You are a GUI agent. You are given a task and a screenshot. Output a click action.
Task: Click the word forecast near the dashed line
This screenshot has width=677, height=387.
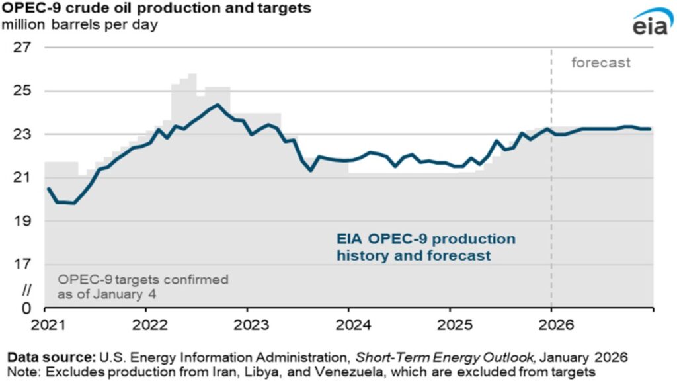tap(601, 64)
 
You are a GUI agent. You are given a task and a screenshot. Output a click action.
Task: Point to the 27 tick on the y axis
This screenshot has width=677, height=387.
tap(22, 48)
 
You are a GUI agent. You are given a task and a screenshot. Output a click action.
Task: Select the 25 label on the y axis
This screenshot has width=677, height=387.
tap(22, 91)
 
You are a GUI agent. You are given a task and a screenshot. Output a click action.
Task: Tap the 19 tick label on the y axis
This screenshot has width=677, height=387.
tap(22, 221)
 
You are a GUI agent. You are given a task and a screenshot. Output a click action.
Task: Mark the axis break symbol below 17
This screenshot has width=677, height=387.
tap(26, 289)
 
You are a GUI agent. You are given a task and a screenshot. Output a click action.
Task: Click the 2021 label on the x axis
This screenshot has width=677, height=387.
tap(44, 325)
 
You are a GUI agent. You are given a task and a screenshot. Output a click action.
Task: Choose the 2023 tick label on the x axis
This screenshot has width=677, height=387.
tap(247, 325)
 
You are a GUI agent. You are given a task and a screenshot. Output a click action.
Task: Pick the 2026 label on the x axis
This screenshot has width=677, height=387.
tap(551, 325)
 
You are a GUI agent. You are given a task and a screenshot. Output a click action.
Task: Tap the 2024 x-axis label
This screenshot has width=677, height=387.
tap(348, 325)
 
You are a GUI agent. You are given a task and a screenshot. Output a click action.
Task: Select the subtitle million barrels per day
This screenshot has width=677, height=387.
tap(79, 26)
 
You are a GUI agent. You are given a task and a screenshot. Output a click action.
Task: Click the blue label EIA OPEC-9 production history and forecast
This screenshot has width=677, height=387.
tap(426, 247)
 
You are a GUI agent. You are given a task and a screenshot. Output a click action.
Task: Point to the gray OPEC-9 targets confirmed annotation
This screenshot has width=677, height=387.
tap(142, 286)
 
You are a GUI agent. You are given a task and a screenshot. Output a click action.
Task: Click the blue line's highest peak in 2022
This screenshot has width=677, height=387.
tap(218, 105)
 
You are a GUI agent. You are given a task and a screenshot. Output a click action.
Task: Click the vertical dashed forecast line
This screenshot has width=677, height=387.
tap(551, 198)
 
